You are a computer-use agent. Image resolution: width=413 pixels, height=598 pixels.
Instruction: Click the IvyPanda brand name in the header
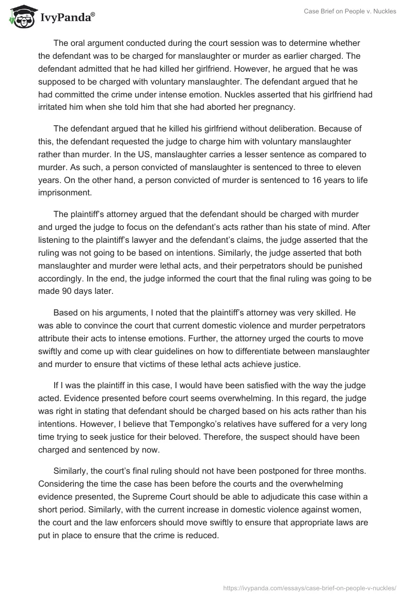pyautogui.click(x=67, y=18)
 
